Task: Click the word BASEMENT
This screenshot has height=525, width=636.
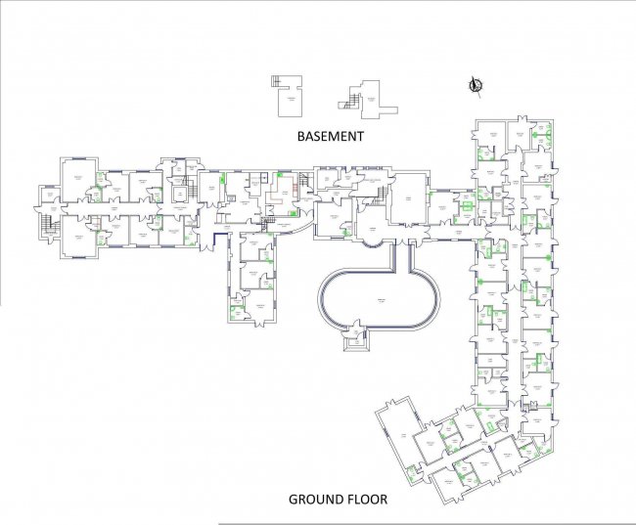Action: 330,137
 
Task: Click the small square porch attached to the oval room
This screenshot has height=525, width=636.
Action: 353,340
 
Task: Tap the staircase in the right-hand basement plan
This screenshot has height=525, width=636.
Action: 349,97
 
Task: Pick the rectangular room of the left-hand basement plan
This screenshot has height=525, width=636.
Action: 290,103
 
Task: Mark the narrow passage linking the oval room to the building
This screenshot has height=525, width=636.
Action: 404,257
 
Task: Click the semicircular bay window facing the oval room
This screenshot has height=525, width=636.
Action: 373,233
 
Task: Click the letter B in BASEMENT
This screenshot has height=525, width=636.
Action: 301,137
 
